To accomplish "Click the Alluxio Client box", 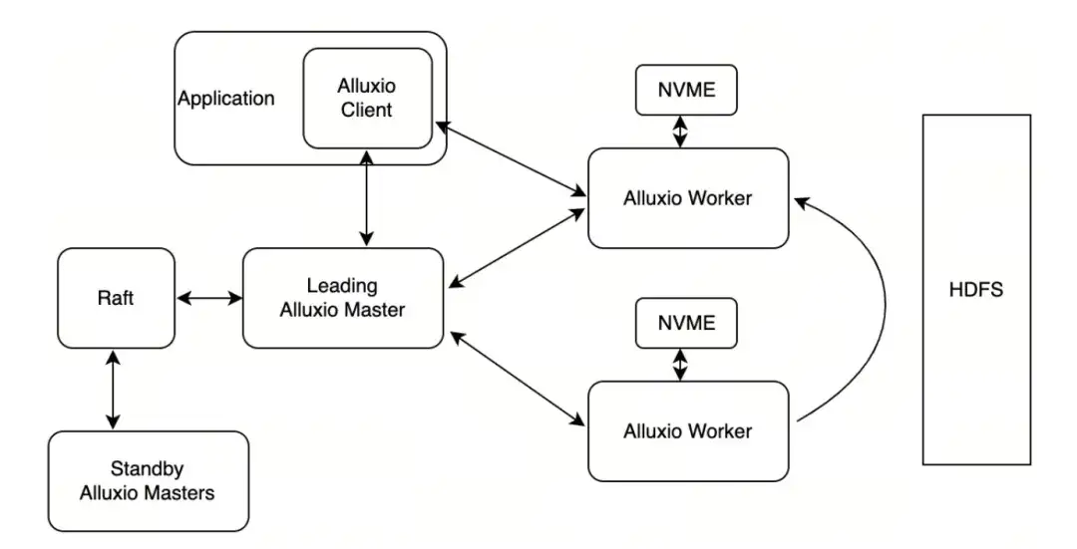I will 367,98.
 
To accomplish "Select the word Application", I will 225,99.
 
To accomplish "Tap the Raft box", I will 116,298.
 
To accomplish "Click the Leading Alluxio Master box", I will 342,298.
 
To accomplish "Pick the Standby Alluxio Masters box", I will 148,480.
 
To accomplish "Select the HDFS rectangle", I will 975,289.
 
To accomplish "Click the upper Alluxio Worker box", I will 687,198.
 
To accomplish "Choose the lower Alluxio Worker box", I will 687,430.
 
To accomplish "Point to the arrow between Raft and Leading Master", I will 208,298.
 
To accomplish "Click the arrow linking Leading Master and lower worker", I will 516,380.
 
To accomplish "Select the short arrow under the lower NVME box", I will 680,363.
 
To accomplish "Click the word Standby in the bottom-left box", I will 148,468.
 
